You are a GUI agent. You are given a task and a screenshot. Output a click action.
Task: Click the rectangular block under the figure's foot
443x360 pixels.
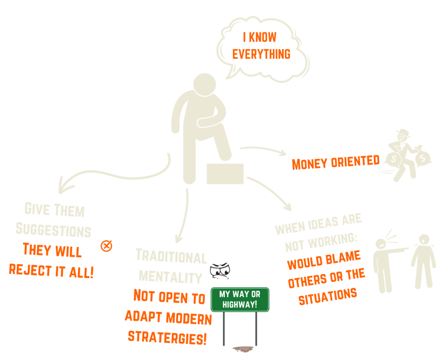[x=225, y=173]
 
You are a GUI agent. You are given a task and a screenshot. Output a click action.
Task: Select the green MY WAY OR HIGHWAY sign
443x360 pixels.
[x=240, y=299]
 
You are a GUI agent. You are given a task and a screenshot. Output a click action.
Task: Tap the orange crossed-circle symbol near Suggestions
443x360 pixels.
[x=106, y=246]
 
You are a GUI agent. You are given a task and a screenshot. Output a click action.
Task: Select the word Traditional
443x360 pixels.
[x=171, y=257]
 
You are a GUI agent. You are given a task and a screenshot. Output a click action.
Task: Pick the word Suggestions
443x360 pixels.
[x=54, y=231]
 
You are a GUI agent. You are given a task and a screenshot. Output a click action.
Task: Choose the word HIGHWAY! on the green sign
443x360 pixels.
[x=240, y=304]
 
